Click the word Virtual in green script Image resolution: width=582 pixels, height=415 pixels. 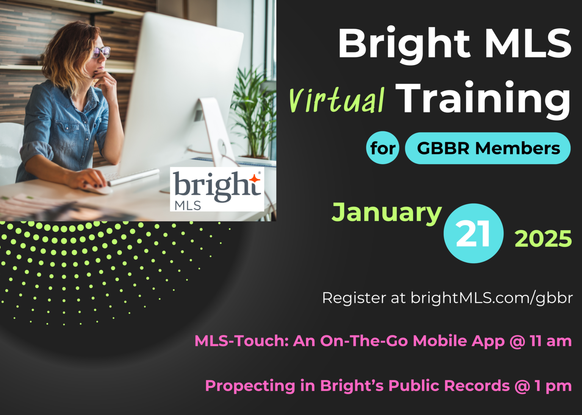[337, 100]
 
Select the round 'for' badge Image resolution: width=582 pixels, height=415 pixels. [383, 148]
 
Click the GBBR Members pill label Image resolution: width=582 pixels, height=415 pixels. [488, 148]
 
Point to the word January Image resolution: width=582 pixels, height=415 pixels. [386, 213]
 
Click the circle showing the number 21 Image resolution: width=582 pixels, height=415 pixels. [473, 233]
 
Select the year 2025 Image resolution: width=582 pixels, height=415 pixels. [543, 239]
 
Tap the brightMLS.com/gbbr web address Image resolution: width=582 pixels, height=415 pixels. [491, 298]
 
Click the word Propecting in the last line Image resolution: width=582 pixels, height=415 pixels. [250, 386]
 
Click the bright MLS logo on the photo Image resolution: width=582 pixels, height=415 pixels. [217, 189]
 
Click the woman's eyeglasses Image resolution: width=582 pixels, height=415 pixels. [101, 52]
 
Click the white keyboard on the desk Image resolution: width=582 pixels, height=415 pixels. [133, 177]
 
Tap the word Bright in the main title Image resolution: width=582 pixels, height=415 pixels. [404, 45]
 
